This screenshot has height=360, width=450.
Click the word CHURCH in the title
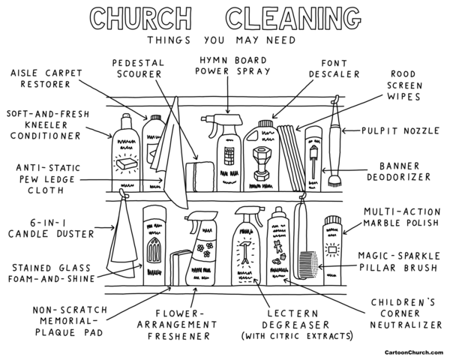click(141, 18)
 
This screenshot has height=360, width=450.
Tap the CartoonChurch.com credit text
click(413, 352)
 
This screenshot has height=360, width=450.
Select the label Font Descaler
click(334, 68)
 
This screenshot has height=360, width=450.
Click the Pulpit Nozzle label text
click(400, 131)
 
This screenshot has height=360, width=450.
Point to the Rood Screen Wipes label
click(404, 85)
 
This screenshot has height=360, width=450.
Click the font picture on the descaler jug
click(261, 164)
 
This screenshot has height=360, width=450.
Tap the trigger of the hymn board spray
click(213, 130)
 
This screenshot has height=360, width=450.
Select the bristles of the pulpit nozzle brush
click(334, 180)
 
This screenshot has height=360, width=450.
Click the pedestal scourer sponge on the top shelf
click(200, 176)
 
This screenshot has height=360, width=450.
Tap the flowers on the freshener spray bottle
click(205, 250)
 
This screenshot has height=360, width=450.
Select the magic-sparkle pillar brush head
click(308, 264)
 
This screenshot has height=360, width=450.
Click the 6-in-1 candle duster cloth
click(121, 238)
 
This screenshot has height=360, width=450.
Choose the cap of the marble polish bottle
click(332, 221)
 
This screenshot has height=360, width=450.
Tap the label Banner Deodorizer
click(399, 172)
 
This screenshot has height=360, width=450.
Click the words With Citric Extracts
click(297, 336)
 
